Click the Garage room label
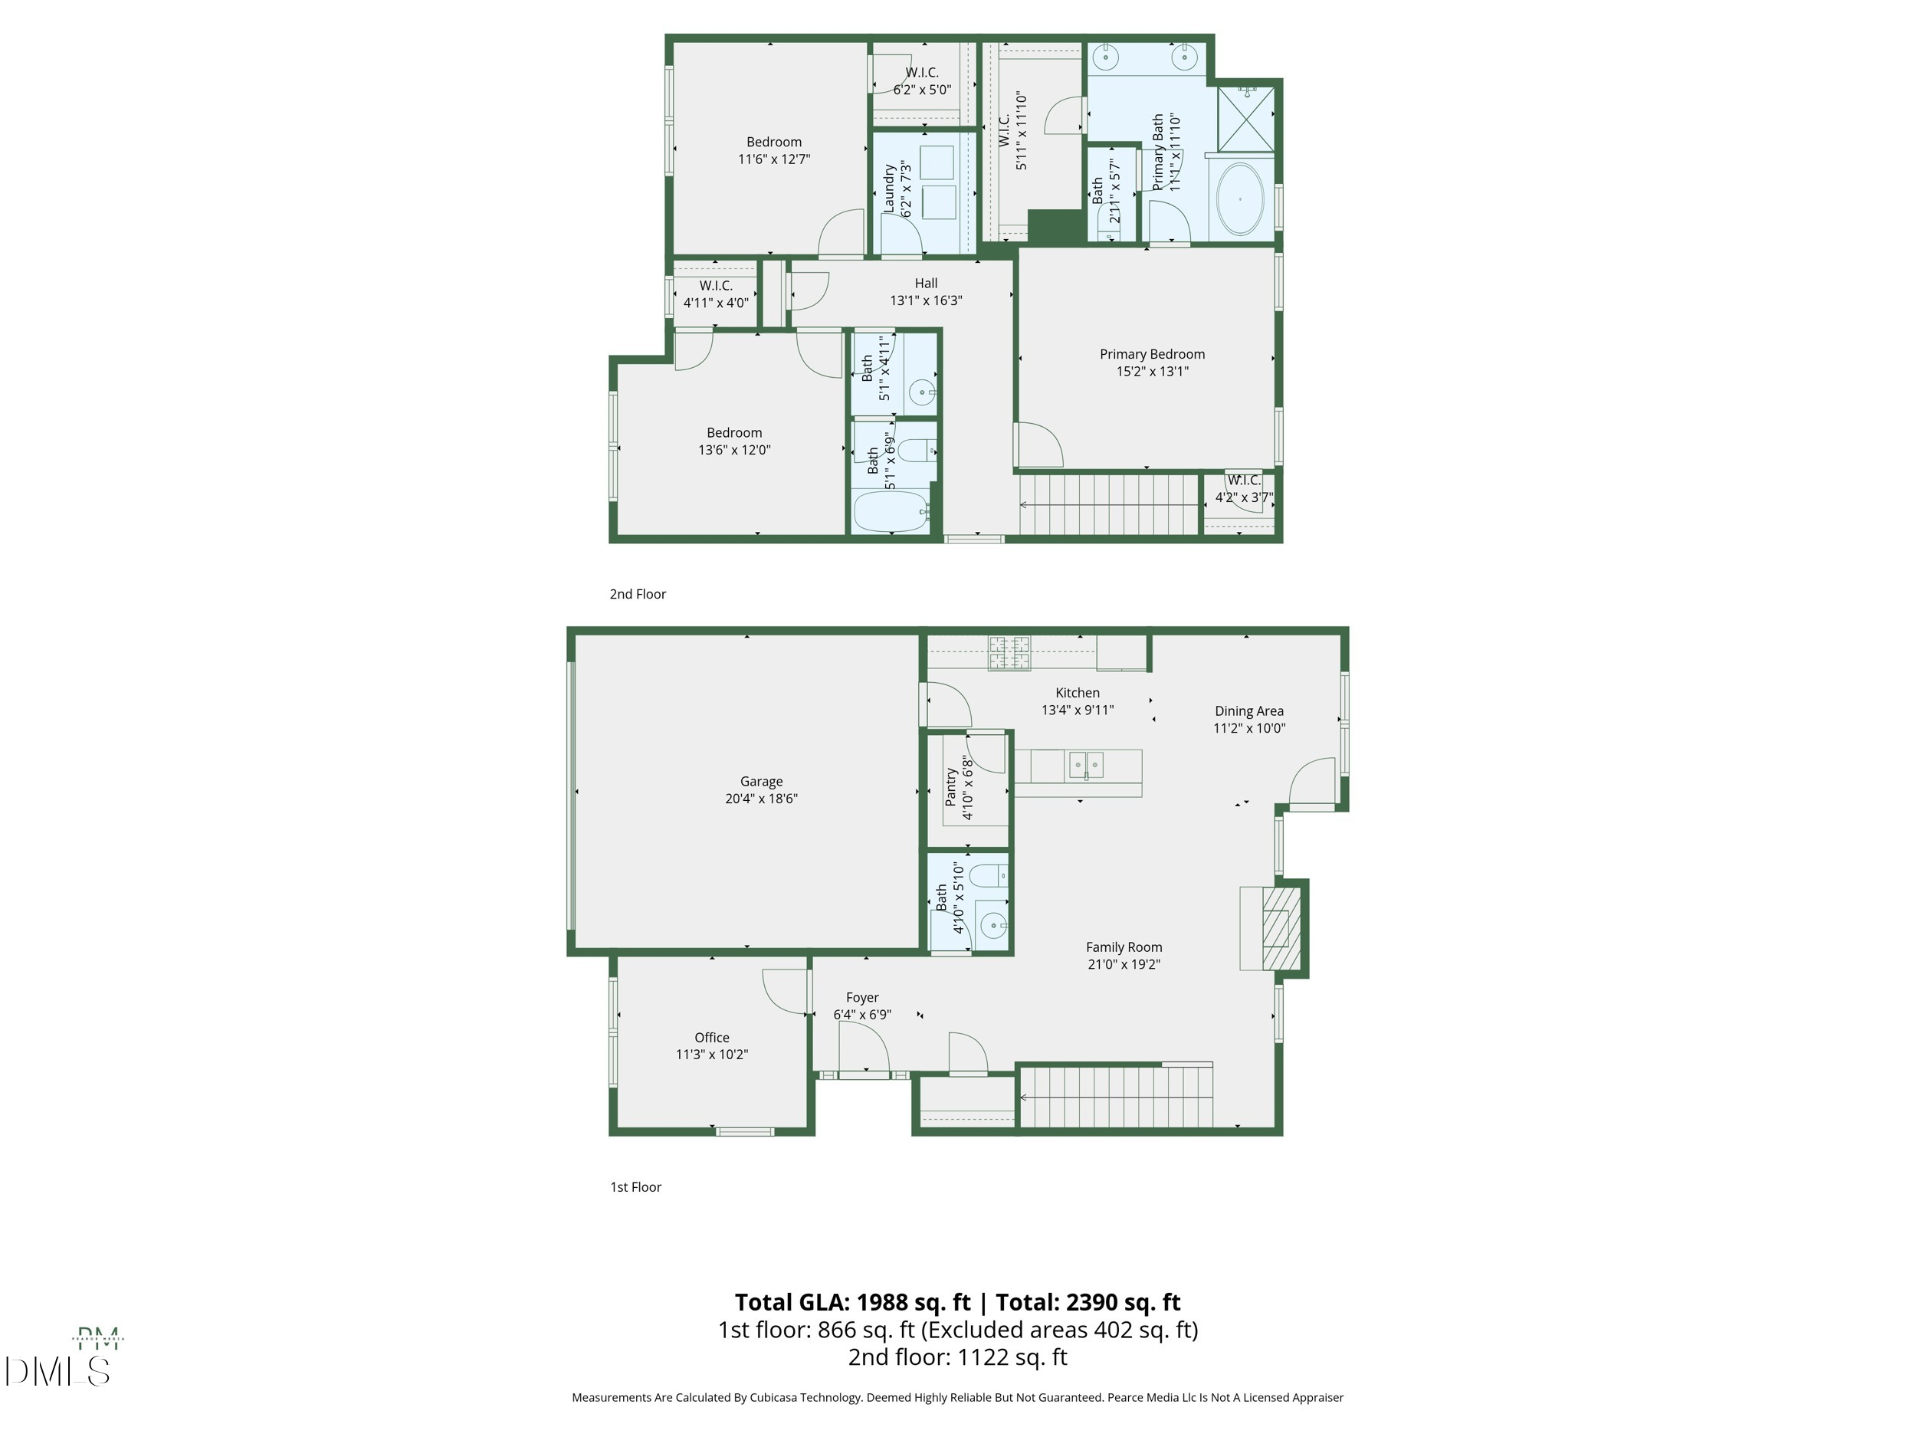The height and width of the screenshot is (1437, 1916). tap(760, 781)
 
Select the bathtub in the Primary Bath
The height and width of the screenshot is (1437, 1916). tap(1239, 199)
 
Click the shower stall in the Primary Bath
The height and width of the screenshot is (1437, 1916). tap(1245, 119)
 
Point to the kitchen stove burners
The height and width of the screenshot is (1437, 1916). tap(1009, 653)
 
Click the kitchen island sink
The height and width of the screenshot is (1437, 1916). tap(1085, 766)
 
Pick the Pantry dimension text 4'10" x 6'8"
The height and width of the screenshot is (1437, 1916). tap(967, 788)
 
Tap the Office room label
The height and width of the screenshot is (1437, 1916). tap(711, 1037)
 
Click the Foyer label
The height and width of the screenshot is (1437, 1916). tap(862, 997)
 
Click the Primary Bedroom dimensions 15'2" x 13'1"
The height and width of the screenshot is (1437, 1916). tap(1152, 372)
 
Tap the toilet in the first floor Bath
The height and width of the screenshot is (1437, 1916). tap(987, 877)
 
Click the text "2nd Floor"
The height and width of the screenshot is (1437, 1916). tap(638, 594)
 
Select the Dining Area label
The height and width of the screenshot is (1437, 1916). tap(1248, 711)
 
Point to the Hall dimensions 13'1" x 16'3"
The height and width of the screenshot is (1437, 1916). tap(926, 300)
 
